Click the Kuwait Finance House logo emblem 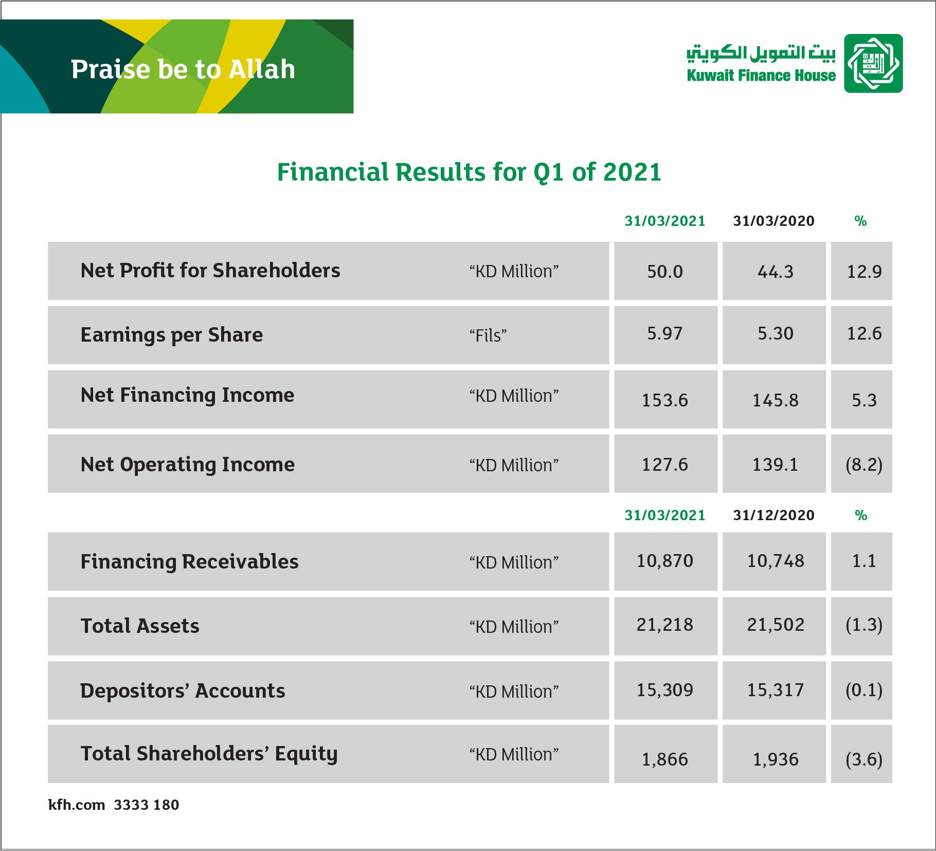[873, 63]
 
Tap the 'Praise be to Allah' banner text [183, 69]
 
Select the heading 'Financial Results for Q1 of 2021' [469, 172]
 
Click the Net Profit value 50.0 [665, 272]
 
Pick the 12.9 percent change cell [864, 272]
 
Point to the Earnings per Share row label [172, 335]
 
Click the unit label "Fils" [488, 335]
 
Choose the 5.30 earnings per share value [776, 333]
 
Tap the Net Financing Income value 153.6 [665, 400]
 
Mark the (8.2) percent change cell [864, 465]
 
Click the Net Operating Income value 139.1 [776, 465]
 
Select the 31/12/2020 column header [774, 515]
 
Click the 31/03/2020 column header [774, 221]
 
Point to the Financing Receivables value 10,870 [665, 561]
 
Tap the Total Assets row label [140, 626]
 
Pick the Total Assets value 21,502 [776, 625]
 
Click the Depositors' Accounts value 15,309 [665, 690]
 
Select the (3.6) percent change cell [864, 759]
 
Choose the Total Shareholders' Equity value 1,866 [665, 759]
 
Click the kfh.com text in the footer [77, 805]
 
